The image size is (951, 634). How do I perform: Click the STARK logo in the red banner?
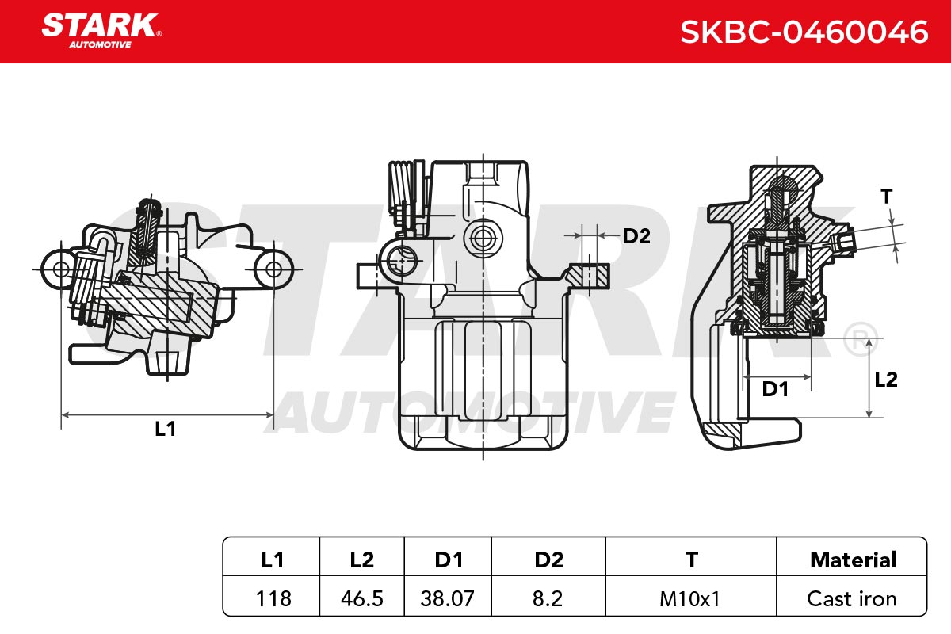point(101,31)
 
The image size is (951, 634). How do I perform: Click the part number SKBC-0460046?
point(804,32)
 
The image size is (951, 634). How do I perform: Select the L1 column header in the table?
point(272,560)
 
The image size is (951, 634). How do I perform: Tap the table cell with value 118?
point(273,599)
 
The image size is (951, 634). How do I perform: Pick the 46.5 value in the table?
point(361,599)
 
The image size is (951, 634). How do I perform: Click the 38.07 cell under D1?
point(447,599)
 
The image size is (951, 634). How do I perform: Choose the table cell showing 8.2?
point(548,599)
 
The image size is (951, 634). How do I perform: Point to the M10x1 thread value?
point(690,599)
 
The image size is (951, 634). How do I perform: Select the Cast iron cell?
point(852,599)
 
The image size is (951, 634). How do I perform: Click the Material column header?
point(854,560)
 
